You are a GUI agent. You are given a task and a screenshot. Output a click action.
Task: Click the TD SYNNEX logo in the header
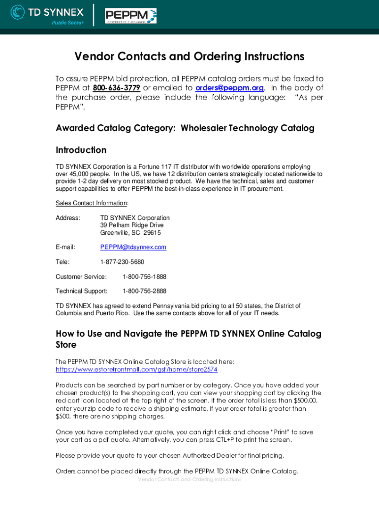(47, 14)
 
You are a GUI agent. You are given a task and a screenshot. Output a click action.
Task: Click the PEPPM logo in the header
(130, 15)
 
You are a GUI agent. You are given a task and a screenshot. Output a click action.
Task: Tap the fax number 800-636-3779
(117, 88)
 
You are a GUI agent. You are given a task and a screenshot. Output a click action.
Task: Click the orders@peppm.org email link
(229, 88)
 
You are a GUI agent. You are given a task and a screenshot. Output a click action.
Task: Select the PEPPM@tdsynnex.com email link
(133, 247)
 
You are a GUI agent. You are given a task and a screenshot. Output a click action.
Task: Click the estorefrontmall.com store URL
(136, 369)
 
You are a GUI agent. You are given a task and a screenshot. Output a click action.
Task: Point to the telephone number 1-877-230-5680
(122, 262)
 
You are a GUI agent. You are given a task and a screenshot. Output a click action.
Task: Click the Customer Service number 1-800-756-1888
(144, 277)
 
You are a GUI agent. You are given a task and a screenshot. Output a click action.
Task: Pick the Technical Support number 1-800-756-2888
(144, 291)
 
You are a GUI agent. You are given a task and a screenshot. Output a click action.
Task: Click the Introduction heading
(81, 150)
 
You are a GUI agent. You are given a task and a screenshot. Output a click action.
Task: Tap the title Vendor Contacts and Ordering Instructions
(189, 57)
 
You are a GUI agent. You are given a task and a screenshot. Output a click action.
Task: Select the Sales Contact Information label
(92, 203)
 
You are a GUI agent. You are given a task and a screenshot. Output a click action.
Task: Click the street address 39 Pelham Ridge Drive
(132, 225)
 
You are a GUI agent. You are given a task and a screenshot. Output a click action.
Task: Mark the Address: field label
(68, 218)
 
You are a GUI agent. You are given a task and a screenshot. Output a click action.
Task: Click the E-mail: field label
(65, 247)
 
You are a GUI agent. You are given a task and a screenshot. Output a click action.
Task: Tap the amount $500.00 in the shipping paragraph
(303, 400)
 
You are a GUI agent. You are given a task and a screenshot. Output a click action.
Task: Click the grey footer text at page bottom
(189, 479)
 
